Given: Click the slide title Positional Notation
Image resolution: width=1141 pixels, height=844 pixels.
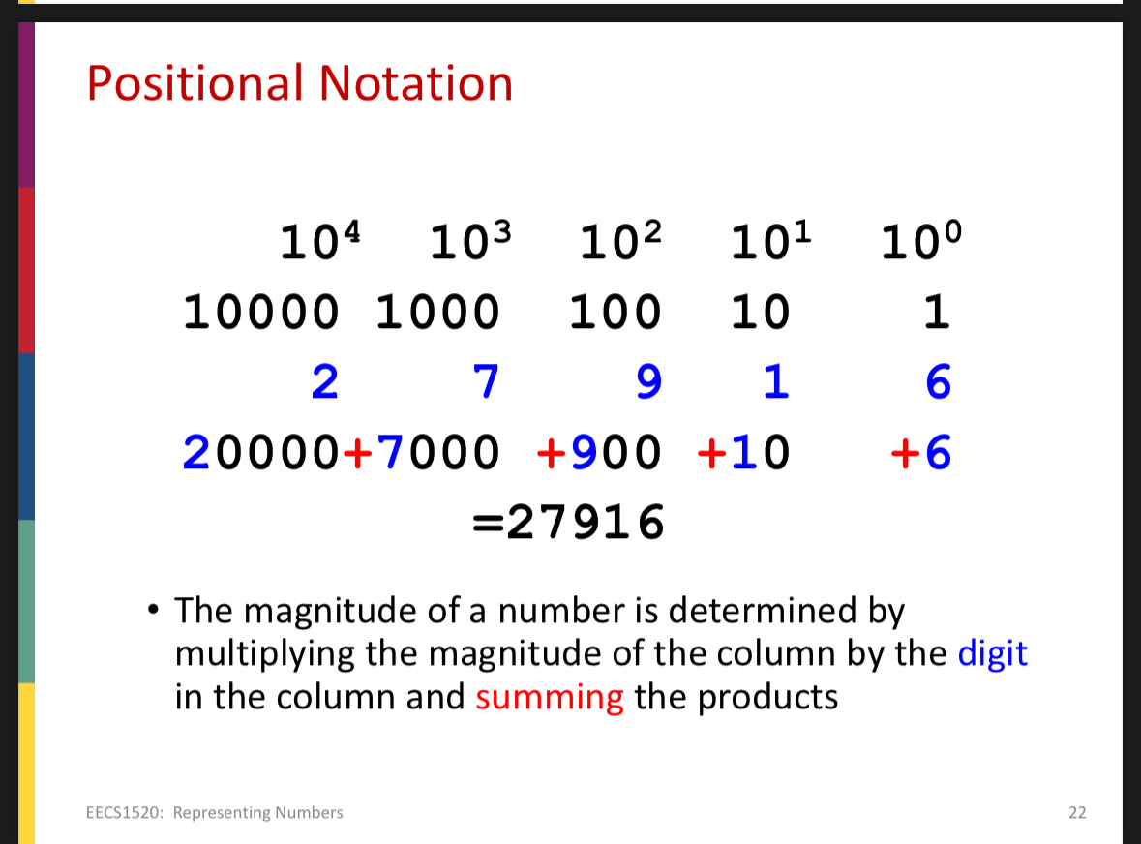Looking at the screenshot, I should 299,83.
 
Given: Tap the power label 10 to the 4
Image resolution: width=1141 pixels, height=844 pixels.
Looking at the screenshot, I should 320,241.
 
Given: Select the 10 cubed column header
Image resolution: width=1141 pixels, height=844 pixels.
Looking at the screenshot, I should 470,241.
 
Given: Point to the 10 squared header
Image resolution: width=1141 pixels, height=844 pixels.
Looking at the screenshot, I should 621,241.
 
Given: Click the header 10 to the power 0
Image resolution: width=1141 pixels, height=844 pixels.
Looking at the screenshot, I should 922,241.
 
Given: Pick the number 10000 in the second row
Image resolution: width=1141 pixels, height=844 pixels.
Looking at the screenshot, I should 261,313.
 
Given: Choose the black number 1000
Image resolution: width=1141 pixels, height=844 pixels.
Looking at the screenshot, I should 437,313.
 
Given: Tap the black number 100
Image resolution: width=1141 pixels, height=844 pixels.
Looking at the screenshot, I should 615,313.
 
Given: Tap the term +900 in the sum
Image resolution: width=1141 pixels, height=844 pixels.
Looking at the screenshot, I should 599,452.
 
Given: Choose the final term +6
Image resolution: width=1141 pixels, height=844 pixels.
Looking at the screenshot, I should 921,452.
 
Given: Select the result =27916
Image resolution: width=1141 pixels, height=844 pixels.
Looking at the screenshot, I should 568,524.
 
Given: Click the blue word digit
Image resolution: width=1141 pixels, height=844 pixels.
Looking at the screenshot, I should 992,654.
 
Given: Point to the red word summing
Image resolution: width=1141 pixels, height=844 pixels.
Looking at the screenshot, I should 549,697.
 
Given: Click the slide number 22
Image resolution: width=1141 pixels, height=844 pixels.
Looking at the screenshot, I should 1077,812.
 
